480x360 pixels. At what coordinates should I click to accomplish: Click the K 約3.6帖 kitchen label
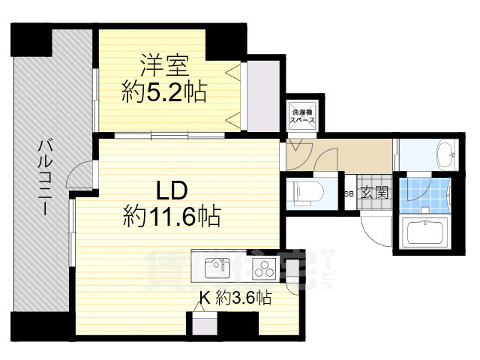[235, 298]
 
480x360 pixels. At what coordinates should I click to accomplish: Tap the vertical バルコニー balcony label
[43, 177]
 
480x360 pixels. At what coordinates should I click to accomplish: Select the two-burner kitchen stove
[265, 267]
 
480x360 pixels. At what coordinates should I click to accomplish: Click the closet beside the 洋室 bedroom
[262, 94]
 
